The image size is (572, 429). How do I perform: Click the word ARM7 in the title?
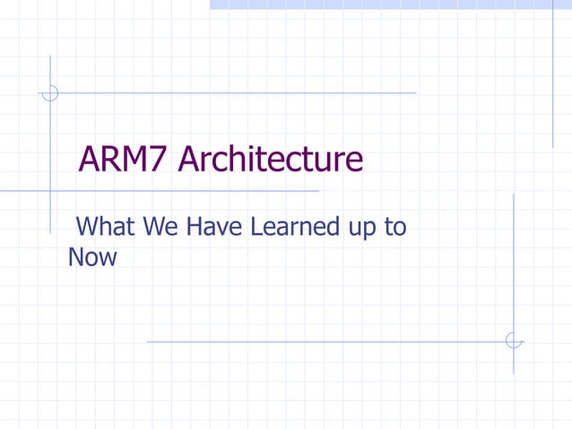coord(125,160)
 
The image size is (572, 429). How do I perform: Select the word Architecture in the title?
coord(271,160)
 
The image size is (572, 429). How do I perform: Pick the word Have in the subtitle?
coord(214,227)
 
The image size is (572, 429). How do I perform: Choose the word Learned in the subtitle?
coord(292,227)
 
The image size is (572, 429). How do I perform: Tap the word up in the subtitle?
coord(360,229)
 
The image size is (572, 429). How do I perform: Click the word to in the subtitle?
coord(395,227)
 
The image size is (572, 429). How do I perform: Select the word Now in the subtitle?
coord(92,258)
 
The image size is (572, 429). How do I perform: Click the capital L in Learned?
coord(256,227)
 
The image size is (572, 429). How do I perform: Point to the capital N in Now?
coord(76,258)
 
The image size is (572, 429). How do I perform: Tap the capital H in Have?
coord(195,227)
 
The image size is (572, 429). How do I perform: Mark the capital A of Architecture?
coord(188,160)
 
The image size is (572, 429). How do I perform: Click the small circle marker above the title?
coord(50,92)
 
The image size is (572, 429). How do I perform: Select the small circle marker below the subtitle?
coord(513,341)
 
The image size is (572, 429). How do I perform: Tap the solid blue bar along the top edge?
coord(390,4)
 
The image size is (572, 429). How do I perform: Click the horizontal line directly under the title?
coord(179,191)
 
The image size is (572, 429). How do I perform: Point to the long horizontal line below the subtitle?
coord(323,341)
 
